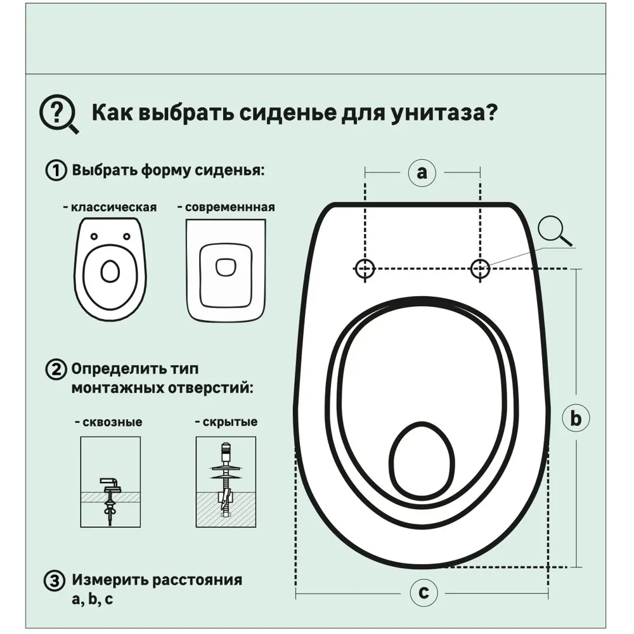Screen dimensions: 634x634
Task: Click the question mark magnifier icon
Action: (59, 115)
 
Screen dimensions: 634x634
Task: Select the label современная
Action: (226, 207)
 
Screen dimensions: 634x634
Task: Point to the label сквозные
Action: (109, 422)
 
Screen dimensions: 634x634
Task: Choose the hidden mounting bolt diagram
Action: (226, 482)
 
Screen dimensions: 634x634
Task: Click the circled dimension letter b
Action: (576, 418)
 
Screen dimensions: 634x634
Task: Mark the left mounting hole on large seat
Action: (365, 269)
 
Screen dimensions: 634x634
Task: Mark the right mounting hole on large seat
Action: (480, 269)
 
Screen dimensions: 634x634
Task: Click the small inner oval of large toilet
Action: (422, 460)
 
